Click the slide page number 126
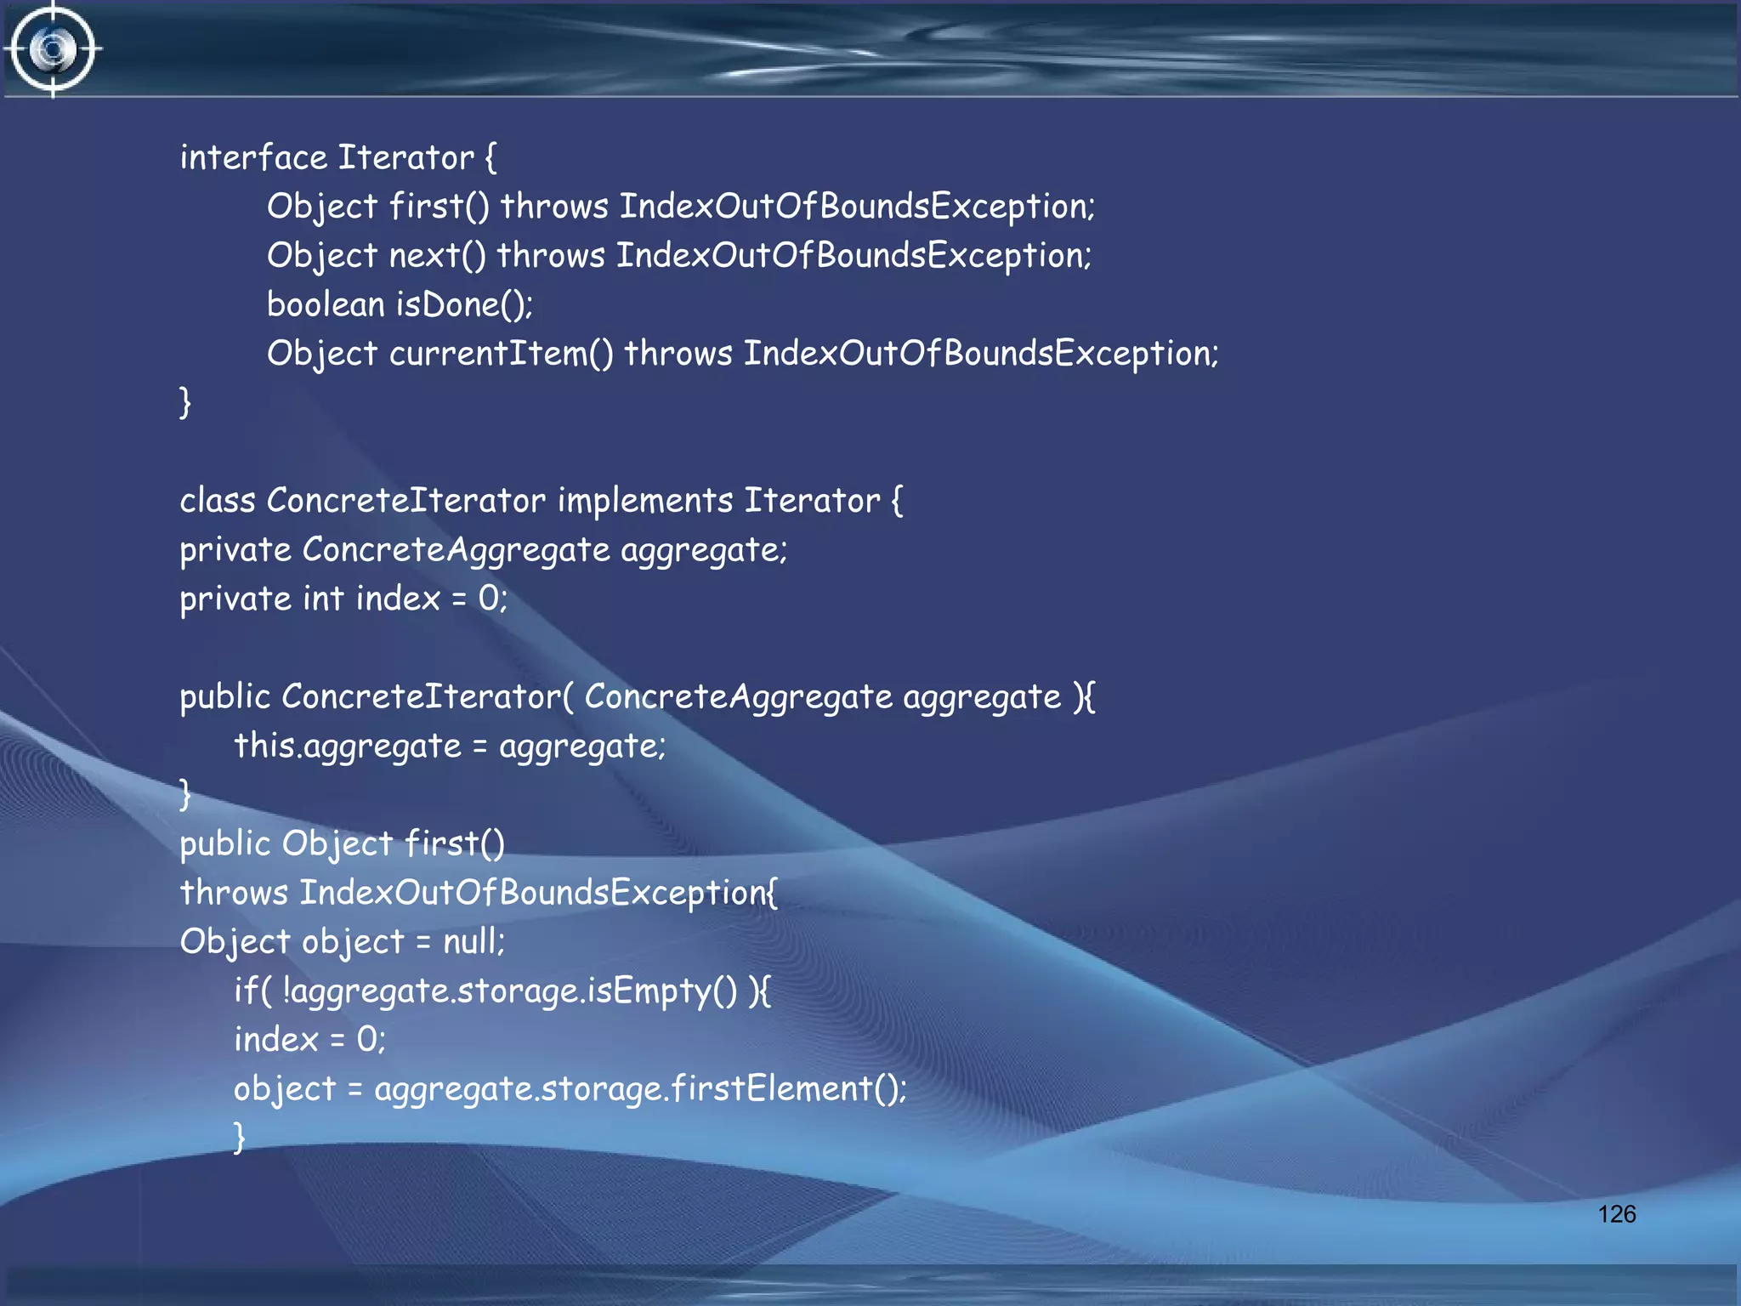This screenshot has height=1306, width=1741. (1616, 1213)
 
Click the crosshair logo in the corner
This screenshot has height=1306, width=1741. (54, 49)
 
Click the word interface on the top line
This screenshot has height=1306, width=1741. (253, 158)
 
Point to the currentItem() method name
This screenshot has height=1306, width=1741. (501, 354)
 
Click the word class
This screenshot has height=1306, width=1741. (218, 501)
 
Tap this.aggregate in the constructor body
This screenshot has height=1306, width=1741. (348, 747)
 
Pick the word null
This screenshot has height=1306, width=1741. (472, 942)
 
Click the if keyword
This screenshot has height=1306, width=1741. (247, 991)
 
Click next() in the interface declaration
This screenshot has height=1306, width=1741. (437, 256)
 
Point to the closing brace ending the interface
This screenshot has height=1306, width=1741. (185, 401)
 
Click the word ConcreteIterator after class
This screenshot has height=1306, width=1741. (405, 501)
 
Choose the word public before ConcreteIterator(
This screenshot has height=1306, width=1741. (224, 697)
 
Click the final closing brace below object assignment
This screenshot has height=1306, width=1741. (240, 1137)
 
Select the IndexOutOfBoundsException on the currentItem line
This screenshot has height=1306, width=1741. (979, 354)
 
